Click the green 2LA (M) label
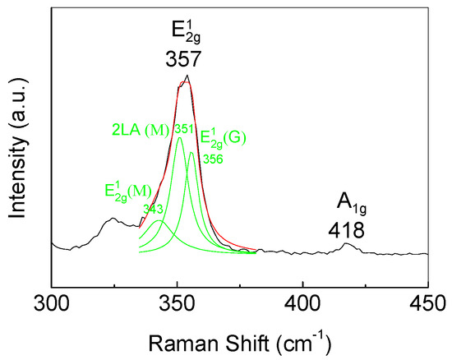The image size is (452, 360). click(x=141, y=130)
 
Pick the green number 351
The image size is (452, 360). click(x=182, y=129)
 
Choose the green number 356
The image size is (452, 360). click(x=213, y=159)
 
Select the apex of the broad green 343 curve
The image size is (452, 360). click(x=159, y=221)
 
